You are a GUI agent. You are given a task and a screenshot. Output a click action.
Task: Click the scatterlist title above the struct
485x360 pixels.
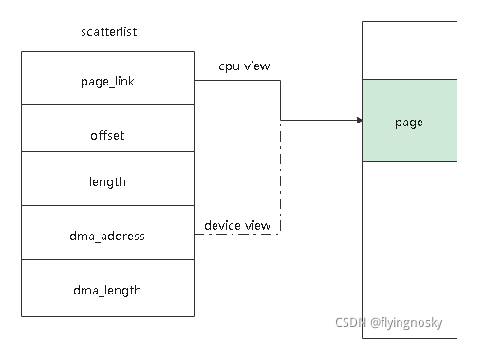pyautogui.click(x=109, y=32)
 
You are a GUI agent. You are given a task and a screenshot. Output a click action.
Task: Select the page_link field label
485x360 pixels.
pyautogui.click(x=108, y=83)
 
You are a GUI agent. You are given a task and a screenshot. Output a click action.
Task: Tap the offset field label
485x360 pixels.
pyautogui.click(x=107, y=136)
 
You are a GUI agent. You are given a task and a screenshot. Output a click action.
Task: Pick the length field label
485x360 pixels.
pyautogui.click(x=107, y=181)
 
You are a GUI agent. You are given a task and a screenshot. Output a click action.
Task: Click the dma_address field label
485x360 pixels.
pyautogui.click(x=108, y=235)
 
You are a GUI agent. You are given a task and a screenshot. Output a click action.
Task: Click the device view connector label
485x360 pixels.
pyautogui.click(x=237, y=225)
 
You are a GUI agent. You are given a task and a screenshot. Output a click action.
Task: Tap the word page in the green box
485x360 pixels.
pyautogui.click(x=408, y=123)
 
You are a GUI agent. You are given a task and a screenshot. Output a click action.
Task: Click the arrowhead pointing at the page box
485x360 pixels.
pyautogui.click(x=358, y=121)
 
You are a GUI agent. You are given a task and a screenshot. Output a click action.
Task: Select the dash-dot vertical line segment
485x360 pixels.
pyautogui.click(x=280, y=180)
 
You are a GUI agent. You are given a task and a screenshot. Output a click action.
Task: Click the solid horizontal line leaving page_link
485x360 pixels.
pyautogui.click(x=237, y=81)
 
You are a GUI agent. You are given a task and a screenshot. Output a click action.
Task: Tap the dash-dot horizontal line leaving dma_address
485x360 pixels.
pyautogui.click(x=237, y=235)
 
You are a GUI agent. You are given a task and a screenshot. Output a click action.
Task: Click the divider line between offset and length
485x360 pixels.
pyautogui.click(x=107, y=152)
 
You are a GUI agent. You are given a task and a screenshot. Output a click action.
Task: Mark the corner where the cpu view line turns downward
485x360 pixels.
pyautogui.click(x=280, y=81)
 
